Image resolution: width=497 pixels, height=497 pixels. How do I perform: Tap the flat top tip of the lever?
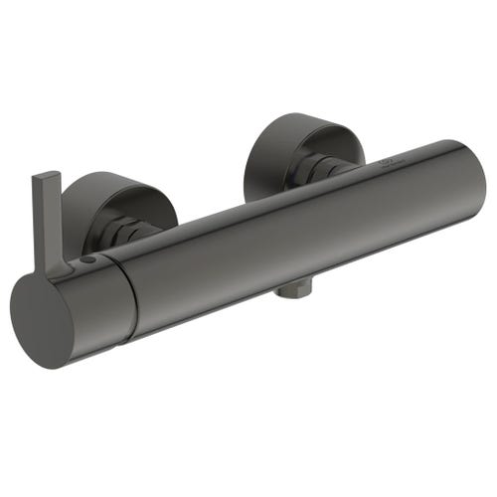click(x=45, y=177)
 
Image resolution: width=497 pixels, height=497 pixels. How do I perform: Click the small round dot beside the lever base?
click(x=90, y=260)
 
